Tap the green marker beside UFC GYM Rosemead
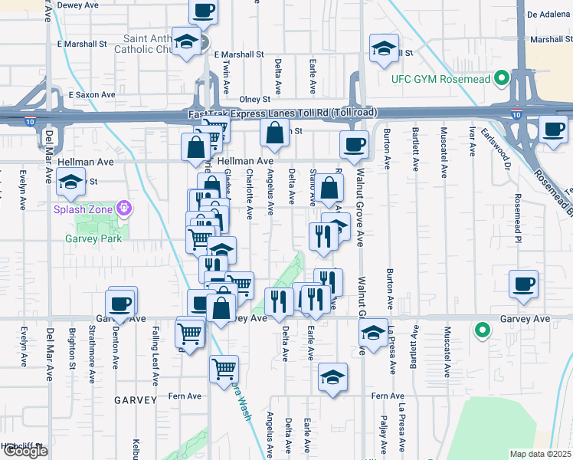[x=502, y=78]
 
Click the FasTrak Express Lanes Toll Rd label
[x=282, y=113]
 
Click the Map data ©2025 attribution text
[x=540, y=454]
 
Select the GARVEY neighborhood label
[x=136, y=400]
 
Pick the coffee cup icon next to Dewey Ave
[x=203, y=11]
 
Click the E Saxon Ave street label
[x=91, y=95]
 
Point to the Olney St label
[x=255, y=100]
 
